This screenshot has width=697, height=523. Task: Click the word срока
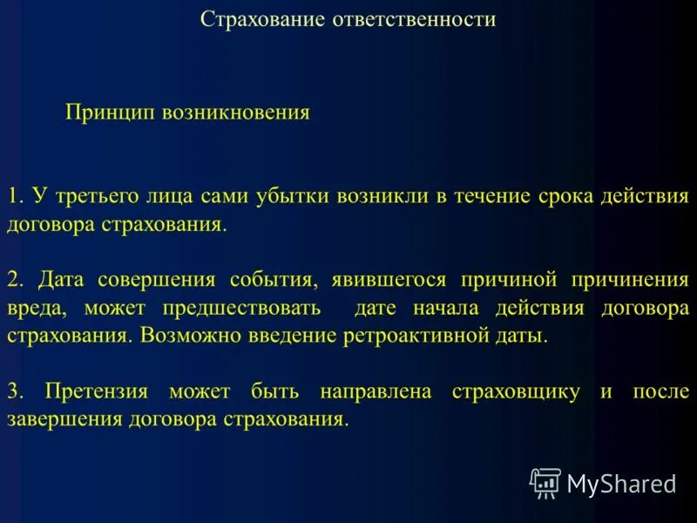click(x=564, y=196)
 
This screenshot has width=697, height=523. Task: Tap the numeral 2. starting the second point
click(x=16, y=280)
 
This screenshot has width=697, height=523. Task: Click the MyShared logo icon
click(x=545, y=482)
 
